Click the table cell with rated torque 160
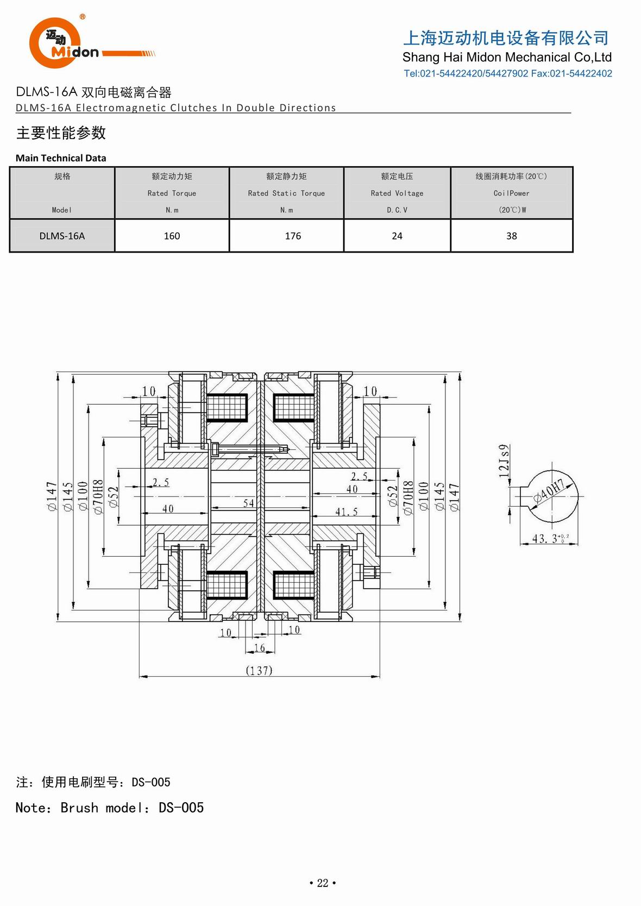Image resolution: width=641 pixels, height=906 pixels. point(172,236)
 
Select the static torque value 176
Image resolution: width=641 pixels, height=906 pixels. point(293,236)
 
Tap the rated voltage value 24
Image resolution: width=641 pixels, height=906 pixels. point(397,236)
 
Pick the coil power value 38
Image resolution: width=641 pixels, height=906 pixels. point(511,236)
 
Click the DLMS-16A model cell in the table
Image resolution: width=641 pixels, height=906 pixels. point(62,236)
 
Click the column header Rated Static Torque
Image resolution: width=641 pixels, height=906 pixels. point(286,193)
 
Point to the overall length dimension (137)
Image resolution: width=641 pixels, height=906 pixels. point(259,670)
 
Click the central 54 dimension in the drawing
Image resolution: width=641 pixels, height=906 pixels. point(248,503)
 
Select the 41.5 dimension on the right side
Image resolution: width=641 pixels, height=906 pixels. point(346,512)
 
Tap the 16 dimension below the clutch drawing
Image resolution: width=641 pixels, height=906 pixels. point(260,647)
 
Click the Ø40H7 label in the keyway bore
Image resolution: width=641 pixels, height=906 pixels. point(549,490)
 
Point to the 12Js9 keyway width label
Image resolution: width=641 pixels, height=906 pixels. point(504,461)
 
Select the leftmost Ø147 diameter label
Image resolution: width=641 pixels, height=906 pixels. point(52,495)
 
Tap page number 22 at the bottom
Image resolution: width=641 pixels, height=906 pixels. point(323,883)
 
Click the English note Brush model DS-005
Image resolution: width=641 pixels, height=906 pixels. point(110,808)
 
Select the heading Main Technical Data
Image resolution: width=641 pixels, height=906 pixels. point(61,158)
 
